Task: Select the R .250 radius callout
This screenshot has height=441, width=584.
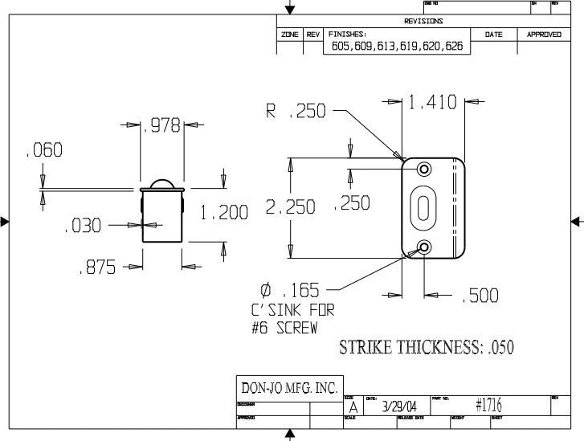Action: coord(296,112)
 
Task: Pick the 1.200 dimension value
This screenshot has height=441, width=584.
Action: coord(226,213)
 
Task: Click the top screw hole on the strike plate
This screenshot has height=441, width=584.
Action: coord(424,169)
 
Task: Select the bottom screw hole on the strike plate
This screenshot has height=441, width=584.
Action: coord(424,247)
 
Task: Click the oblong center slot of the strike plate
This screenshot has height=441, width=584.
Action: coord(423,207)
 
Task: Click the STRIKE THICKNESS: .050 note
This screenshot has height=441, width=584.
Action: coord(427,347)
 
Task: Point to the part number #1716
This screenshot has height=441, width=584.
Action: coord(488,405)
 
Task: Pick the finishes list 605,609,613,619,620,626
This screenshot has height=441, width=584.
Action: coord(398,47)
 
